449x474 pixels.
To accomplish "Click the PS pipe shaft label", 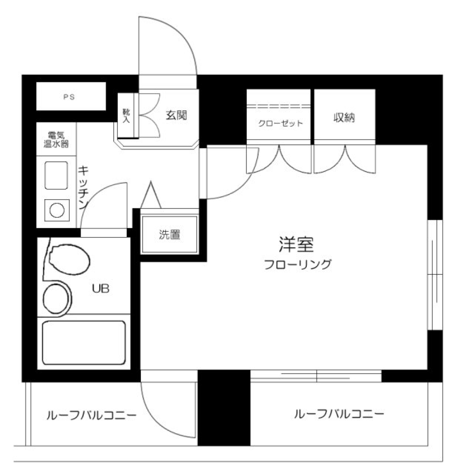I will [x=69, y=97].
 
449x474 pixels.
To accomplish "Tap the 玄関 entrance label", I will [x=176, y=115].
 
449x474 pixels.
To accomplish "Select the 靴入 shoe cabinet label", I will [x=126, y=115].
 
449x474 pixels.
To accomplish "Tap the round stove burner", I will [x=57, y=210].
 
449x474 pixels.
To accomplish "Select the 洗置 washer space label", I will [x=169, y=235].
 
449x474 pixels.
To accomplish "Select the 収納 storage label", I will [x=344, y=118].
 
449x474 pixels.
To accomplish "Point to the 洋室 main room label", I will [x=298, y=245].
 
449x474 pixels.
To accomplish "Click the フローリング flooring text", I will [x=297, y=265].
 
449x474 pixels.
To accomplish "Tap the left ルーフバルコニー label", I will [x=90, y=415].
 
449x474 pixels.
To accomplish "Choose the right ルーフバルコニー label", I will [x=339, y=414].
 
